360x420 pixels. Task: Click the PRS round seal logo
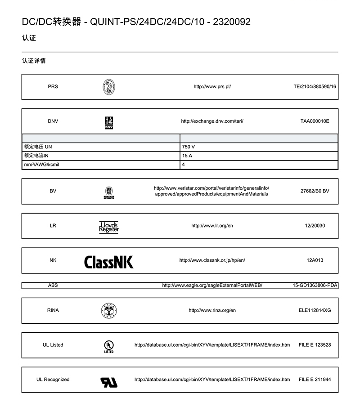109,87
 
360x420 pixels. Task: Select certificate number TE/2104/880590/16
315,86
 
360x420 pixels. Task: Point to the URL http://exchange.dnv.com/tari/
212,121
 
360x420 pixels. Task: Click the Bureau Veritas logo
109,192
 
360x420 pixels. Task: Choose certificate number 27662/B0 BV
315,191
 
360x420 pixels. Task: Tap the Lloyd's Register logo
109,227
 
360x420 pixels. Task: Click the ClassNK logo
109,262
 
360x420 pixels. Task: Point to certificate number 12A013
315,260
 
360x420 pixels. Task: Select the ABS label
53,285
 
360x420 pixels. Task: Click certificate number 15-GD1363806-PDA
315,285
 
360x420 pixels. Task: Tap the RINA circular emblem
109,311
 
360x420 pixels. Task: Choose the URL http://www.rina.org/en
212,310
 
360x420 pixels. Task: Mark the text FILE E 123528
315,345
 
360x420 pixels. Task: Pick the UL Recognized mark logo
109,382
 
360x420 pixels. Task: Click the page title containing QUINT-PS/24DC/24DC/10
136,22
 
